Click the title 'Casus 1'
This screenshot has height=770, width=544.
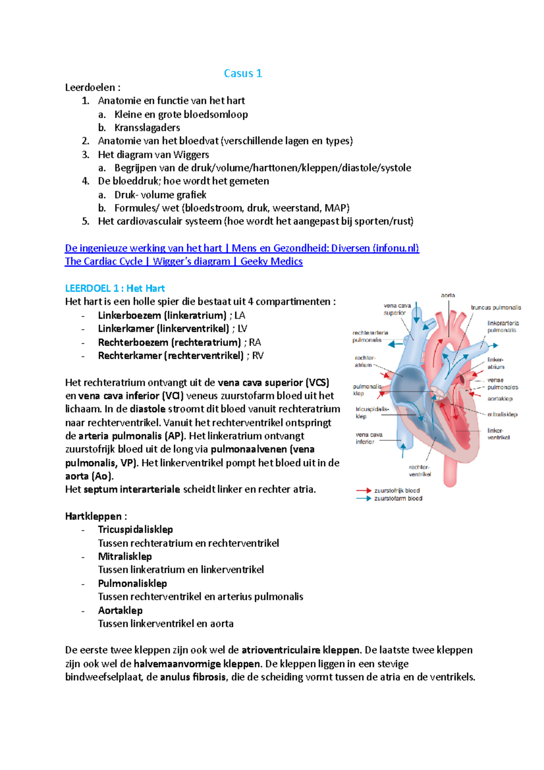[243, 73]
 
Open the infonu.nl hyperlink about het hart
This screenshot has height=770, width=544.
[242, 248]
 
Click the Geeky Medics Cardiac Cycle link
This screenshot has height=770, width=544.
[184, 261]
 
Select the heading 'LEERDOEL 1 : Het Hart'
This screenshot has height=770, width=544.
[115, 288]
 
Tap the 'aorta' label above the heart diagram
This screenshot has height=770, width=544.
[448, 295]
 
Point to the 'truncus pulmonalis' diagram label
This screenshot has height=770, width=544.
[495, 307]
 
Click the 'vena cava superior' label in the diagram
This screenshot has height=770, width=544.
[397, 309]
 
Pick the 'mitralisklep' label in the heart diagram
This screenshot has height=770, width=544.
[502, 414]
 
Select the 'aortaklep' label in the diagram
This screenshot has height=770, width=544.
[500, 399]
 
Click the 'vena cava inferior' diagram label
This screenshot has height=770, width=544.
[369, 438]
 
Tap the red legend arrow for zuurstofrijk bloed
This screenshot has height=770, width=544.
[364, 491]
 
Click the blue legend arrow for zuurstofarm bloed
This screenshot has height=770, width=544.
[364, 498]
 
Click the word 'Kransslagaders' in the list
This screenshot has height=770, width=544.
[147, 127]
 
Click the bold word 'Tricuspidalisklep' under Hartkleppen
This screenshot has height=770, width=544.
[135, 530]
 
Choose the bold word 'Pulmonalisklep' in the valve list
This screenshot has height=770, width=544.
[132, 583]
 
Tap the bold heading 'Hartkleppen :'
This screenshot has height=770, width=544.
[96, 516]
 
